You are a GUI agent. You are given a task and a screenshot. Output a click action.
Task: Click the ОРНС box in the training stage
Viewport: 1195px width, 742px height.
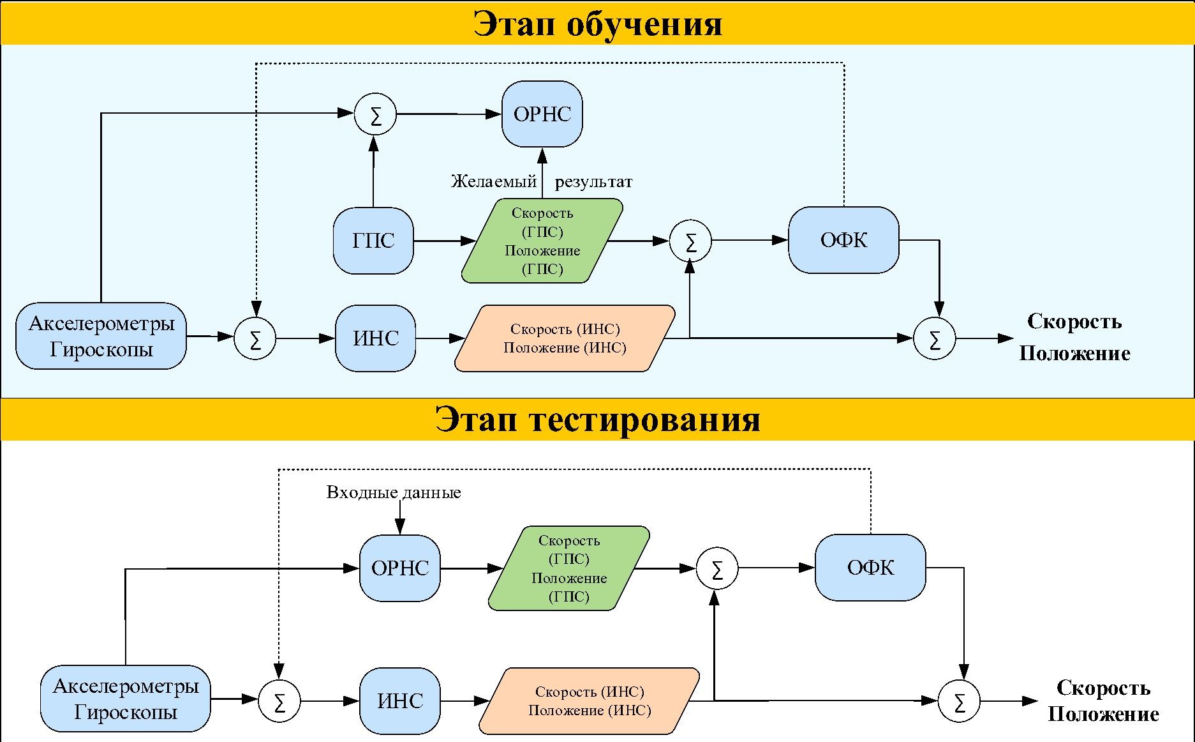coord(542,114)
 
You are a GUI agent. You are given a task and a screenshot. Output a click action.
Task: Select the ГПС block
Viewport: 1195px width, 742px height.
coord(373,241)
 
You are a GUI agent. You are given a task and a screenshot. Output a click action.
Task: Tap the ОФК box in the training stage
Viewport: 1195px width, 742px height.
coord(843,240)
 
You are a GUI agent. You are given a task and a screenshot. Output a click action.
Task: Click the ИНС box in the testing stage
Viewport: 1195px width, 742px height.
coord(400,701)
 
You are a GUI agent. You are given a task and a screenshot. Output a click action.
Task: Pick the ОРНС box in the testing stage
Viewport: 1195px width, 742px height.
coord(400,568)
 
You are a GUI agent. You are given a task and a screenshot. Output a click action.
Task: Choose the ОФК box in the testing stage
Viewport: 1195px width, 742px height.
coord(870,568)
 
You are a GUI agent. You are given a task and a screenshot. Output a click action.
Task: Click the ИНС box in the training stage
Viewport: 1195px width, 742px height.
coord(376,338)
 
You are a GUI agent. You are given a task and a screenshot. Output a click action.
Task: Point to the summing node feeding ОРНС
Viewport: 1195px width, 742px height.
coord(375,115)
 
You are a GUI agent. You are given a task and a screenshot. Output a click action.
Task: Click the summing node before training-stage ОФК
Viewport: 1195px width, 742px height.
coord(690,241)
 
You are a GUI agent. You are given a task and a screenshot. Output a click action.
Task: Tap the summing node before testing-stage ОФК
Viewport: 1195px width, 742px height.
coord(716,568)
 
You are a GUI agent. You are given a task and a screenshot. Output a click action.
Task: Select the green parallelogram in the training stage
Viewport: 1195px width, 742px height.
coord(542,241)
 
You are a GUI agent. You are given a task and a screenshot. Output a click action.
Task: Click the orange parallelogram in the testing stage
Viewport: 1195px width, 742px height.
coord(590,701)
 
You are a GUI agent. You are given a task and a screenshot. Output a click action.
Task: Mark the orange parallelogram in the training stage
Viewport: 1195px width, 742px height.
coord(565,338)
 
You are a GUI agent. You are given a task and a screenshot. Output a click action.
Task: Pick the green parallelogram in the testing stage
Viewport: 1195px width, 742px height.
coord(569,568)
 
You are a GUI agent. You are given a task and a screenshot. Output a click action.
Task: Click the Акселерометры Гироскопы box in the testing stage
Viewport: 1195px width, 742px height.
coord(126,699)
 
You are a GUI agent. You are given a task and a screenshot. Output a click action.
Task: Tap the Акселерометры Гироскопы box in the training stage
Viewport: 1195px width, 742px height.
coord(101,336)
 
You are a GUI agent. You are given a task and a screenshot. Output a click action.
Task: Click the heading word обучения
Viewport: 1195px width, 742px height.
coord(644,24)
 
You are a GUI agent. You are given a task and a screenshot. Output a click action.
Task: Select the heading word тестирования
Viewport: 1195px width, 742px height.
coord(644,420)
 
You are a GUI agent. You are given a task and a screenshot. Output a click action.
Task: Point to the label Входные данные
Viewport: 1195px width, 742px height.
coord(394,492)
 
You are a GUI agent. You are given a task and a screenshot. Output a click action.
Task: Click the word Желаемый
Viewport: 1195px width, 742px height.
coord(494,182)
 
